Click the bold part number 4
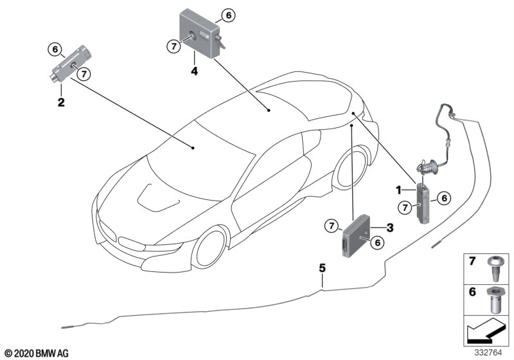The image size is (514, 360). click(195, 71)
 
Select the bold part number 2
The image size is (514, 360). click(61, 102)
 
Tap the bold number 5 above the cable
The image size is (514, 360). click(323, 268)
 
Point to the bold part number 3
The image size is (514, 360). click(390, 228)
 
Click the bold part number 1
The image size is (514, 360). click(398, 190)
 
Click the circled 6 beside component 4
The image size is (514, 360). click(228, 15)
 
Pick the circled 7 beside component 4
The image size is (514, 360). click(173, 46)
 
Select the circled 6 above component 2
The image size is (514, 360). click(55, 50)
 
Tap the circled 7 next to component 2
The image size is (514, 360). click(84, 74)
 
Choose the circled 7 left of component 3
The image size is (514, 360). click(332, 226)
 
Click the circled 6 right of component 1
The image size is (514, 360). click(444, 198)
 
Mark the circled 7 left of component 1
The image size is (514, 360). click(405, 207)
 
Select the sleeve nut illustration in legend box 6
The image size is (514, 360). click(494, 300)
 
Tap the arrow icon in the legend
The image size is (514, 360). click(485, 330)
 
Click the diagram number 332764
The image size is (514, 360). click(488, 353)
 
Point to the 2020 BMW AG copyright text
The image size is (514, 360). click(37, 354)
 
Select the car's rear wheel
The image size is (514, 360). click(351, 168)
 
